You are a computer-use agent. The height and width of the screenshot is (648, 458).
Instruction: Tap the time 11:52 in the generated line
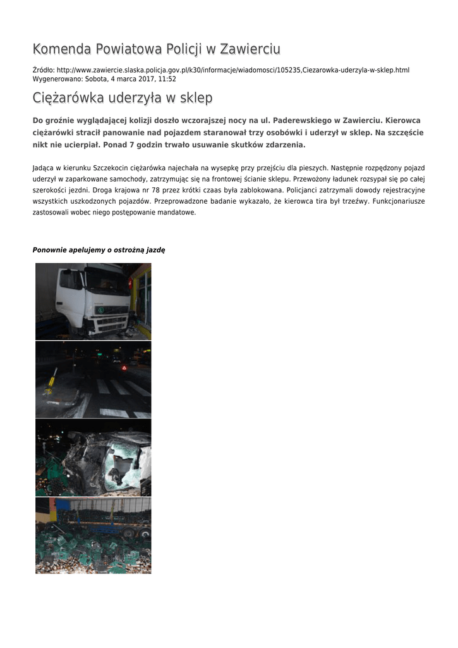click(x=167, y=79)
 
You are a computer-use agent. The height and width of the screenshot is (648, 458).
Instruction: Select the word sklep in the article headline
click(x=196, y=98)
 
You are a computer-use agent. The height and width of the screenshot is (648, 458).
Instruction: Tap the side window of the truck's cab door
click(x=71, y=280)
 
